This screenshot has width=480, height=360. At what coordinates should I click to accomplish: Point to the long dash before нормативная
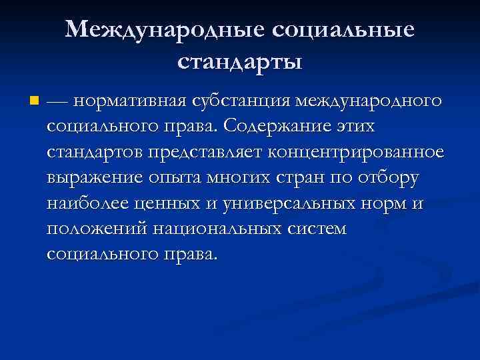[x=58, y=102]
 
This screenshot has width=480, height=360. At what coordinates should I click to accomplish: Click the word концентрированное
[x=355, y=153]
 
